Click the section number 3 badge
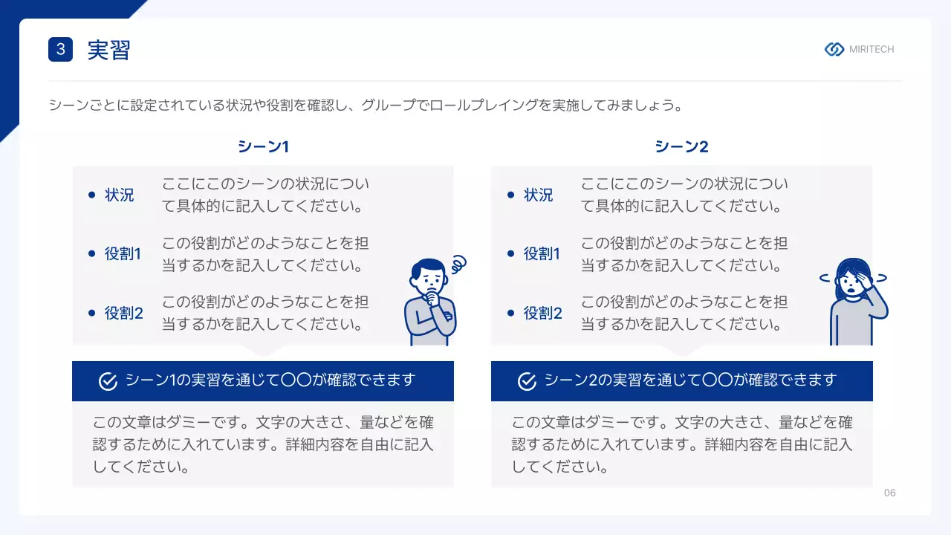(60, 50)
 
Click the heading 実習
(108, 50)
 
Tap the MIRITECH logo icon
(834, 49)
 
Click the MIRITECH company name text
(872, 49)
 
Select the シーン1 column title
(263, 146)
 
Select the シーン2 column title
(681, 146)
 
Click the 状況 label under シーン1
(119, 195)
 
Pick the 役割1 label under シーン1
(123, 253)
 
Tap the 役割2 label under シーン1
(123, 313)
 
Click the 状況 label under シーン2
(538, 195)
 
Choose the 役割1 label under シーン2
(542, 253)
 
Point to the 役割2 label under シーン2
(542, 313)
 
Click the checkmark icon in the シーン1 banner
(108, 381)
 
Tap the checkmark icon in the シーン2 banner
(527, 381)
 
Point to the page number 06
(889, 493)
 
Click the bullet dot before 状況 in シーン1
(91, 195)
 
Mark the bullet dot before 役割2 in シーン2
(510, 313)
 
